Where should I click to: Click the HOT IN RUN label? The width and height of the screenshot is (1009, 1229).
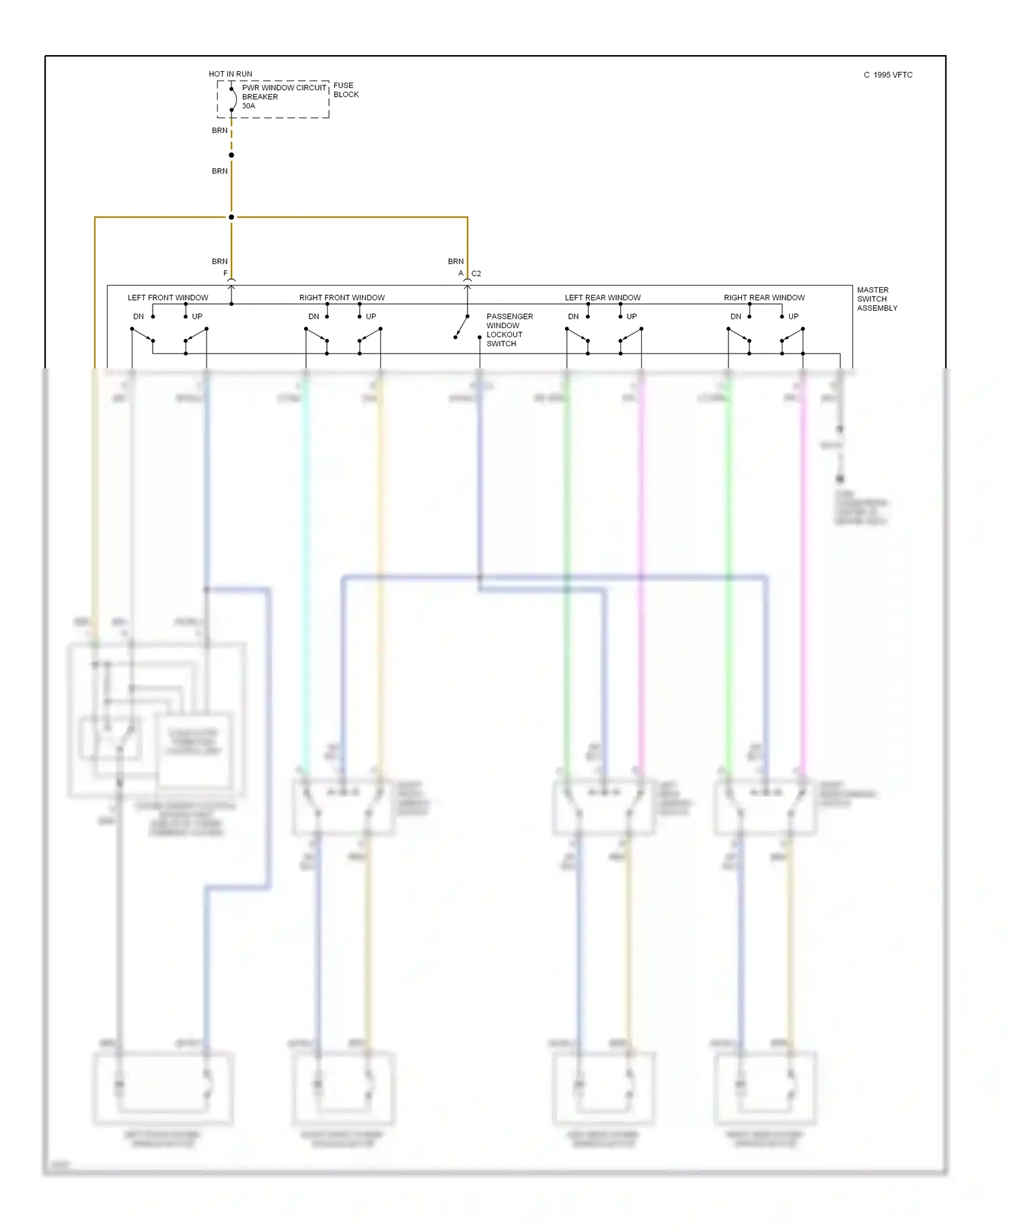pyautogui.click(x=230, y=74)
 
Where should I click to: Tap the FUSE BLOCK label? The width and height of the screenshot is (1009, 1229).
pyautogui.click(x=346, y=90)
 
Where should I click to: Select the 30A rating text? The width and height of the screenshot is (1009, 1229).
pyautogui.click(x=248, y=106)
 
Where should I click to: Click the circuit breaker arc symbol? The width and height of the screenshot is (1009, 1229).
pyautogui.click(x=233, y=99)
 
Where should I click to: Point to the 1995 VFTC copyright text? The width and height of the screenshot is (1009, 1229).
pyautogui.click(x=888, y=75)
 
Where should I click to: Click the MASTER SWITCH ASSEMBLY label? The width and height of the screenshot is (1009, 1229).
pyautogui.click(x=876, y=299)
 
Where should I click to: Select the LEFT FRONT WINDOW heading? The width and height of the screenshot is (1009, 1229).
pyautogui.click(x=167, y=298)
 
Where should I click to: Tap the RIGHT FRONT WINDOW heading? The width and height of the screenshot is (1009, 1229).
pyautogui.click(x=342, y=298)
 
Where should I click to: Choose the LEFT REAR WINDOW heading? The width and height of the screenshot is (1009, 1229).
pyautogui.click(x=602, y=298)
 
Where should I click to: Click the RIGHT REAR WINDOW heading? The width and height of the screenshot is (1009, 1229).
pyautogui.click(x=764, y=298)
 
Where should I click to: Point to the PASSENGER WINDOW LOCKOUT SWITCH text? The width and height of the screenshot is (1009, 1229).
pyautogui.click(x=509, y=330)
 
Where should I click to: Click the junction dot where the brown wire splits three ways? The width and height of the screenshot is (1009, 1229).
pyautogui.click(x=231, y=217)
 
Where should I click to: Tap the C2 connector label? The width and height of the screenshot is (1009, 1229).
pyautogui.click(x=476, y=274)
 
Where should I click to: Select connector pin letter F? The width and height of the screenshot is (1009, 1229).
pyautogui.click(x=225, y=274)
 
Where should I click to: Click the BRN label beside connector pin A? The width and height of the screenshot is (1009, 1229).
pyautogui.click(x=455, y=262)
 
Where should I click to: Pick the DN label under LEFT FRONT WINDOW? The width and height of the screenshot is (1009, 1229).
pyautogui.click(x=139, y=317)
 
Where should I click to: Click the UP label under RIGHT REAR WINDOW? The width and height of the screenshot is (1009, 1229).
pyautogui.click(x=793, y=317)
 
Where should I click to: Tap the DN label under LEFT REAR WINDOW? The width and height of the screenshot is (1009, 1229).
pyautogui.click(x=573, y=317)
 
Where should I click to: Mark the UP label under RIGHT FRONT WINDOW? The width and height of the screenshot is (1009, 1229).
pyautogui.click(x=371, y=317)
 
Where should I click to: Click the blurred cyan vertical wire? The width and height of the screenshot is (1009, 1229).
pyautogui.click(x=305, y=571)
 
